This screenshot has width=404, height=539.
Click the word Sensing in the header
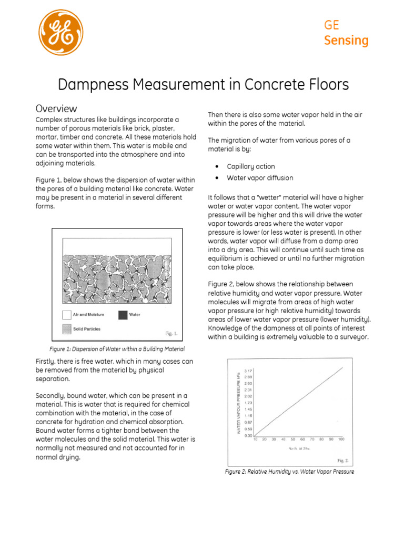coord(346,41)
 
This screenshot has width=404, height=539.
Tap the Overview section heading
coord(56,108)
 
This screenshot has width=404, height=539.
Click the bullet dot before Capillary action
coord(217,166)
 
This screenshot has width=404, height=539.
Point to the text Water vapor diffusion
coord(260,178)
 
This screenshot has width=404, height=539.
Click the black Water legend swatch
coord(122,315)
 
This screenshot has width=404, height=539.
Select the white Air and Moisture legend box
coord(66,315)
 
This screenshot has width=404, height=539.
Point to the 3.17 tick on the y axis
coord(248,371)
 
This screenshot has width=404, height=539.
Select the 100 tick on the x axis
coord(341,439)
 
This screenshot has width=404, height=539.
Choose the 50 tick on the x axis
coord(294,439)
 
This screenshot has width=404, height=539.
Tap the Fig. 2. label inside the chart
coord(343,460)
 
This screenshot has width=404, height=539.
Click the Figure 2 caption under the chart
coord(289,472)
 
